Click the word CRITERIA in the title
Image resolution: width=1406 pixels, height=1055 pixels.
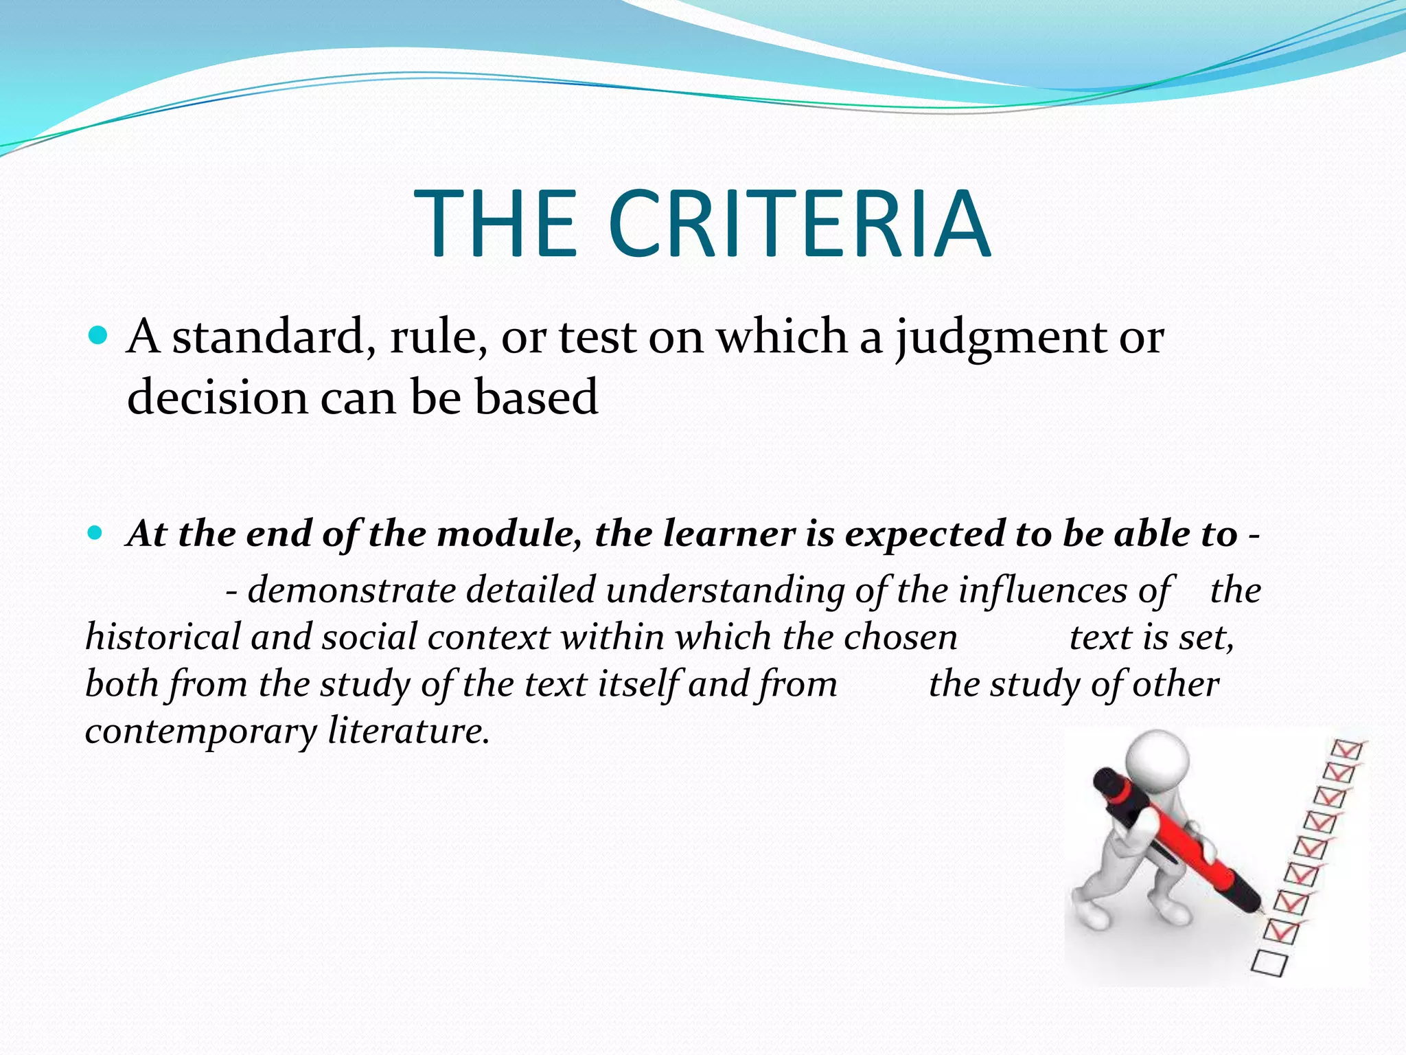point(799,224)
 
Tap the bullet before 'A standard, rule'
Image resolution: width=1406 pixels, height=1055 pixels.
point(99,336)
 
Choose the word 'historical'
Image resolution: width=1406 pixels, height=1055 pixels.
point(163,637)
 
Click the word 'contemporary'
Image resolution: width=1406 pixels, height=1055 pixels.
point(200,731)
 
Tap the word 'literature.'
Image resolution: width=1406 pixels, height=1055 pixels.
point(408,730)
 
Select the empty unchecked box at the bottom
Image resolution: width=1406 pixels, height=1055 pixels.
point(1269,963)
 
